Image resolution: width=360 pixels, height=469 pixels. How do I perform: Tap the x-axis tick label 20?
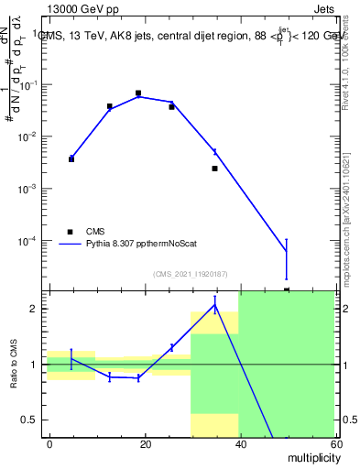click(x=145, y=443)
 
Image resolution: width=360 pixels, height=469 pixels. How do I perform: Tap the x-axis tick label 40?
click(x=239, y=443)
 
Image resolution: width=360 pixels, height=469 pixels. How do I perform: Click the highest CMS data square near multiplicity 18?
click(x=138, y=93)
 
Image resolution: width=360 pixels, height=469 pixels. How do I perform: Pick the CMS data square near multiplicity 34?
click(x=214, y=169)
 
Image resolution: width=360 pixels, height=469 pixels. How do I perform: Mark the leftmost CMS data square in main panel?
click(x=71, y=159)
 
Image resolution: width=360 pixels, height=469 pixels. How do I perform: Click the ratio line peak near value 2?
click(x=214, y=306)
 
